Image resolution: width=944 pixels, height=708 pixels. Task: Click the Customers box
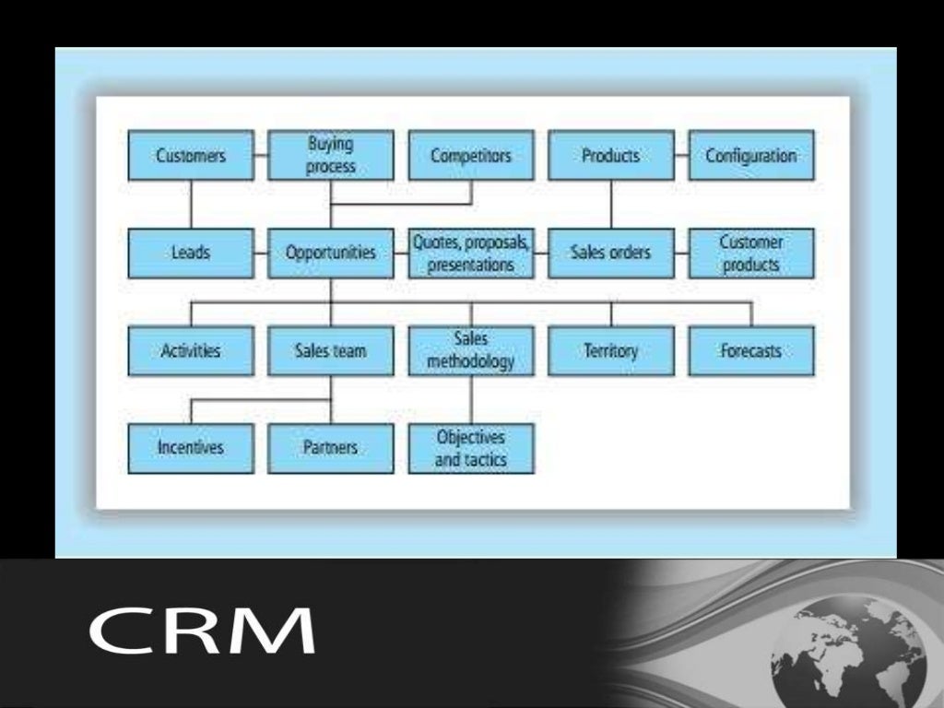(191, 155)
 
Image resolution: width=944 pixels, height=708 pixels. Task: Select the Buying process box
(331, 155)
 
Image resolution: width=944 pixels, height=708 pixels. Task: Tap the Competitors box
(471, 155)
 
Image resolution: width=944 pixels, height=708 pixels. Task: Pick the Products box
(611, 155)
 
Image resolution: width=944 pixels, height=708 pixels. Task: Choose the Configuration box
(751, 155)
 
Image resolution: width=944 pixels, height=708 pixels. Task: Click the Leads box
(191, 253)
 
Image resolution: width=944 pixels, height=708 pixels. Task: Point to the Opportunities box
(331, 253)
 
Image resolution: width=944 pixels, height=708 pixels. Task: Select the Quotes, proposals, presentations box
(471, 253)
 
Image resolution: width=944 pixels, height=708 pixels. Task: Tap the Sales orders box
(611, 253)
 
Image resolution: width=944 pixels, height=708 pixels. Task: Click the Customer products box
(751, 253)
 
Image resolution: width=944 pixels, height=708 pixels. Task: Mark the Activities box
(191, 350)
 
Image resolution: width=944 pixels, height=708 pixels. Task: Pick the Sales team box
(331, 350)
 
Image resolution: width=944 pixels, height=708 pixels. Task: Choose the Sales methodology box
(471, 350)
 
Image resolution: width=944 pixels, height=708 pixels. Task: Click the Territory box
(611, 350)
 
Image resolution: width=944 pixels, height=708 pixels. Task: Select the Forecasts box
(751, 350)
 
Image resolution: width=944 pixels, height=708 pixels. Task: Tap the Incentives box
(191, 448)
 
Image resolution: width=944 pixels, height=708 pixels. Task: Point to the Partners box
(331, 448)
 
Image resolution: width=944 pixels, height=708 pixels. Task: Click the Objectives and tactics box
(471, 448)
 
